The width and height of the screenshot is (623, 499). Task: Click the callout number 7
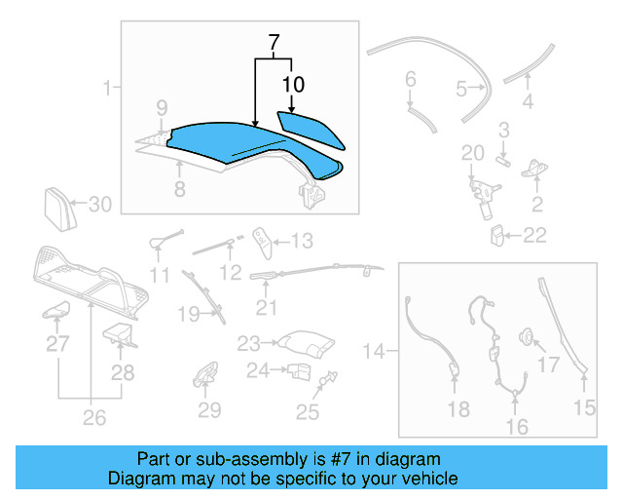[x=275, y=43]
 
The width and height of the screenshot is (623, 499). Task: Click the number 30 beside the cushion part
[x=101, y=204]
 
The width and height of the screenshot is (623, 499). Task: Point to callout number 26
[x=93, y=420]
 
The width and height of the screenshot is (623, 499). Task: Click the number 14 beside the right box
[x=375, y=348]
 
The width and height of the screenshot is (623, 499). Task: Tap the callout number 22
[x=534, y=235]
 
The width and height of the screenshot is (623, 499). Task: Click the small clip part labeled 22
[x=495, y=234]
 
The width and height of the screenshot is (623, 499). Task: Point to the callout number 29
[x=210, y=410]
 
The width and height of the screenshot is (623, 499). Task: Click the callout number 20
[x=472, y=152]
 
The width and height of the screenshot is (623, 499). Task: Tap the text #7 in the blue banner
[x=334, y=459]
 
